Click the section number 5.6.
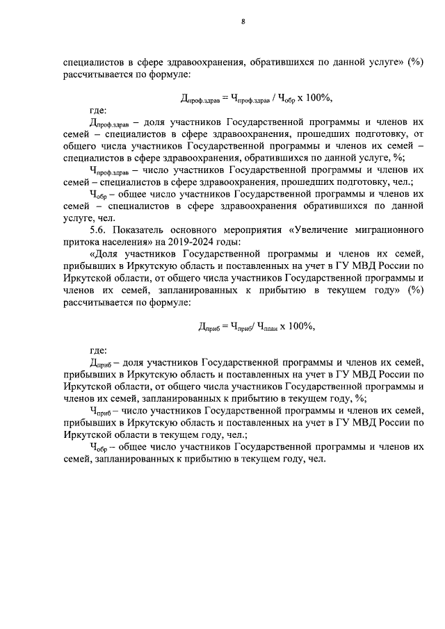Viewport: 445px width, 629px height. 100,229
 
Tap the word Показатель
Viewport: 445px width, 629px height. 145,229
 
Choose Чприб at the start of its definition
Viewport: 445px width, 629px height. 101,412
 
